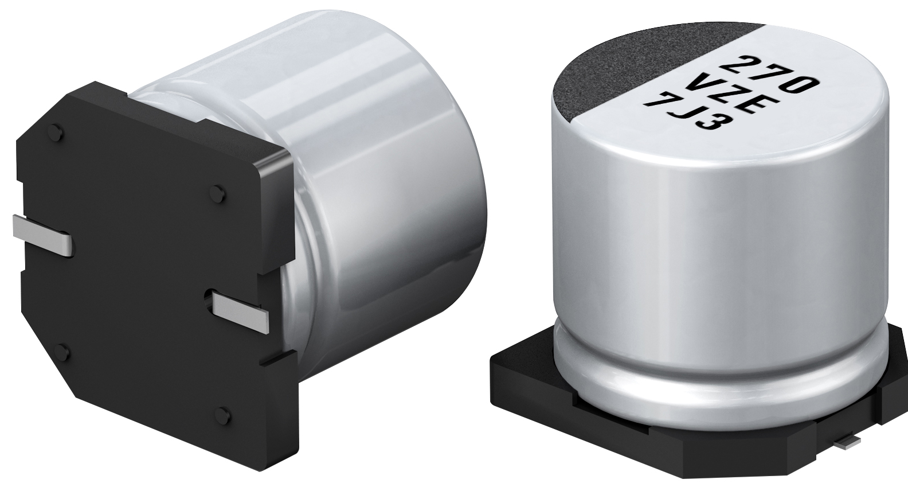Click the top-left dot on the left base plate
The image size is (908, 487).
61,134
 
